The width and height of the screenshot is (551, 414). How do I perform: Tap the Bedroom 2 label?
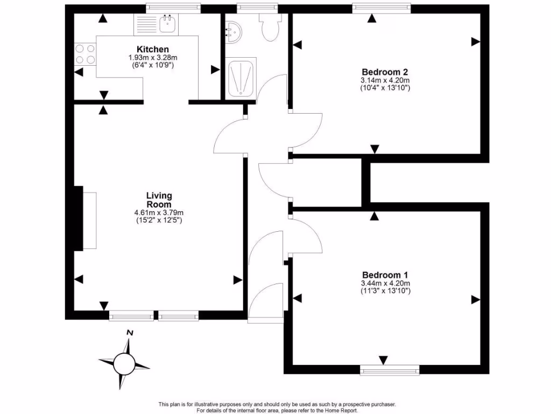tap(385, 72)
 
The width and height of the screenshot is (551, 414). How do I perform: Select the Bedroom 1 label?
tap(385, 274)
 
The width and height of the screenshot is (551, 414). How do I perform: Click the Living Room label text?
tap(159, 199)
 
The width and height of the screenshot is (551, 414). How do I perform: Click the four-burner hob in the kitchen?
tap(84, 53)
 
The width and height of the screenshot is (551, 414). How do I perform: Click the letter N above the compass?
tap(129, 333)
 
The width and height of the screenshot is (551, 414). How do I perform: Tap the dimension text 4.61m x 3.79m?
tap(159, 212)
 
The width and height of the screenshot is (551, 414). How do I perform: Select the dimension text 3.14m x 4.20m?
tap(385, 80)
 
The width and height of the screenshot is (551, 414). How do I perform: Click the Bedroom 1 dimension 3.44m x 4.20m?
tap(385, 283)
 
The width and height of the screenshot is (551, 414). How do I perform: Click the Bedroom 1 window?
tap(390, 370)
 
